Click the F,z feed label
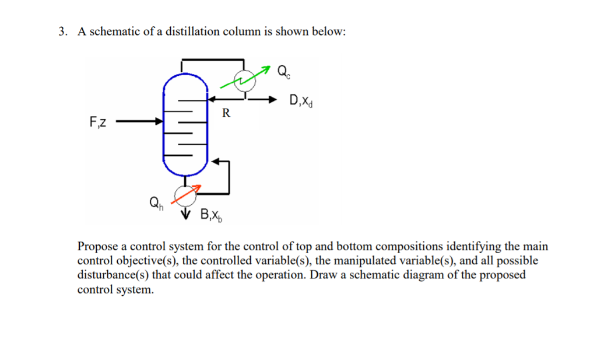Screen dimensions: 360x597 click(x=98, y=123)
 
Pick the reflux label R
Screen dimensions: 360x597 click(x=226, y=113)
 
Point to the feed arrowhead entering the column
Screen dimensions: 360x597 click(x=160, y=122)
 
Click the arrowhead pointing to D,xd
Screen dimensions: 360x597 click(x=272, y=99)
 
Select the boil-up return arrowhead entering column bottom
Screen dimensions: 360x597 click(x=213, y=160)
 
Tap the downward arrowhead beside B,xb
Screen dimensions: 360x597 click(x=186, y=214)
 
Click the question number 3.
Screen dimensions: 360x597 click(x=61, y=32)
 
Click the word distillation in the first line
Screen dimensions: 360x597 click(x=189, y=32)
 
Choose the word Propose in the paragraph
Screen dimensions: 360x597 click(x=98, y=247)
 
